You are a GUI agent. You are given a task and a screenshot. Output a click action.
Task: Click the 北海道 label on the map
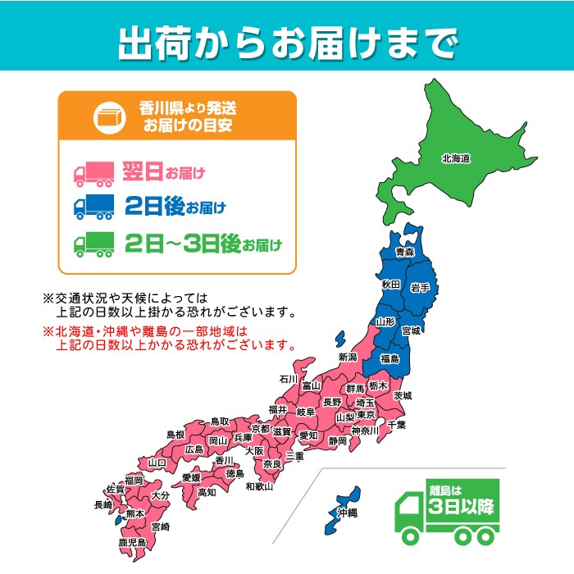(x=455, y=159)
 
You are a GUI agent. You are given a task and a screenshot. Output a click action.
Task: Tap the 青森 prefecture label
(x=405, y=253)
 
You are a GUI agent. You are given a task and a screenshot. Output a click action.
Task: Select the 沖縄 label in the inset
(x=347, y=512)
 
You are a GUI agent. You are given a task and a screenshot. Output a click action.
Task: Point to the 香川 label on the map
(x=224, y=460)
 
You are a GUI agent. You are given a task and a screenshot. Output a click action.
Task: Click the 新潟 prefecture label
(x=348, y=358)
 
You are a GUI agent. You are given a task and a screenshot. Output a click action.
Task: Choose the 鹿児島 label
(x=131, y=543)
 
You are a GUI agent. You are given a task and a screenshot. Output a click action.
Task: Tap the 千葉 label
(x=397, y=425)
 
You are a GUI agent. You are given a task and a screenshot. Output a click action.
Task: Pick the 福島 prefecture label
(x=389, y=358)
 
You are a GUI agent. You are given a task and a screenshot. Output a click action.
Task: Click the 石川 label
(x=287, y=379)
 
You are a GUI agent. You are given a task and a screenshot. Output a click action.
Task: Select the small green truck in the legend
(x=95, y=244)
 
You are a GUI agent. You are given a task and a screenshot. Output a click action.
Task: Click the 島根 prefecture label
(x=176, y=434)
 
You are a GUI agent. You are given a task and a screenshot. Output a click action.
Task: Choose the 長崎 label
(x=103, y=505)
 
